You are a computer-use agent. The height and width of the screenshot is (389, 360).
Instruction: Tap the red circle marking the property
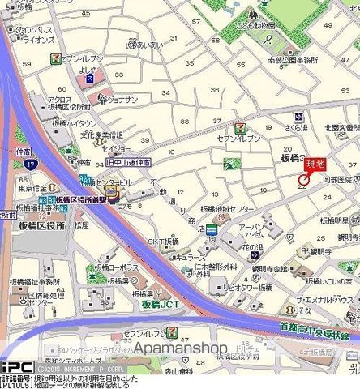(303, 178)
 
